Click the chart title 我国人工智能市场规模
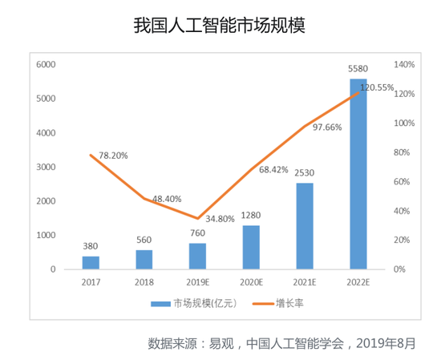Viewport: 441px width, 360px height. (x=219, y=26)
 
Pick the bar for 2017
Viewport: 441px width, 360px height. (x=91, y=262)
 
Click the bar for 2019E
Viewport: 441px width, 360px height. (x=197, y=256)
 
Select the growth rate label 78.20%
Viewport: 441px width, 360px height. (x=112, y=155)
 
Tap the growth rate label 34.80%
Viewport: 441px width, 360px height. (x=220, y=218)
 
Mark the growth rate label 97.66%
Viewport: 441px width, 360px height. (x=327, y=127)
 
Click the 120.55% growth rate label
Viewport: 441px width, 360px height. (x=377, y=87)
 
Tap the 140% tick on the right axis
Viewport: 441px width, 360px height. (x=403, y=64)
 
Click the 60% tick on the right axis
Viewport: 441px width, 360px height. (x=401, y=181)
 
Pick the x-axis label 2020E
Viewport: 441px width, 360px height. (x=251, y=283)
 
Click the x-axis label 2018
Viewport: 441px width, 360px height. (x=144, y=283)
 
